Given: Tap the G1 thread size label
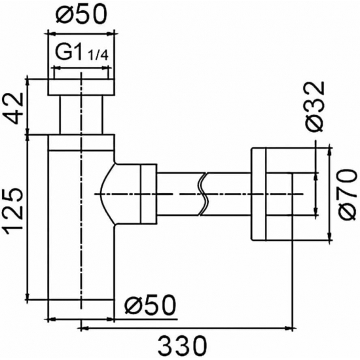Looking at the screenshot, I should coord(70,53).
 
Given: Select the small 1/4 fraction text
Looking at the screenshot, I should coord(98,57).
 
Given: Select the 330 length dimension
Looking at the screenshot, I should coord(181,342).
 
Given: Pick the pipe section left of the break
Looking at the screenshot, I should coord(180,194).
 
